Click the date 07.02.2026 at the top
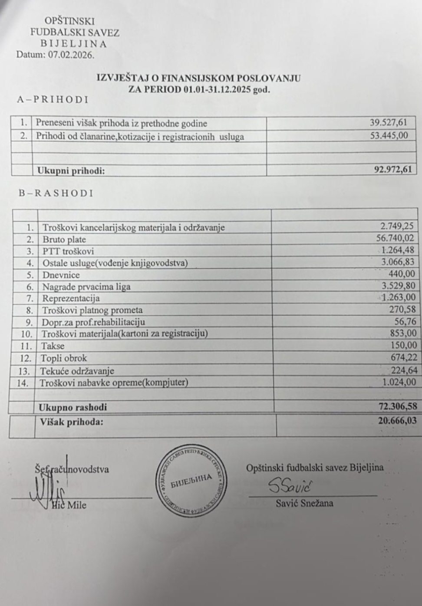[x=71, y=55]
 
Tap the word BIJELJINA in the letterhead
[x=74, y=44]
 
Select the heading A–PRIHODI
[x=53, y=100]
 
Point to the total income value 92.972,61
[x=392, y=170]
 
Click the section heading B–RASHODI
[x=56, y=193]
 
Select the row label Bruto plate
[x=64, y=239]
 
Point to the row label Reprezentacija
[x=71, y=298]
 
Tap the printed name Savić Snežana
[x=304, y=503]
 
